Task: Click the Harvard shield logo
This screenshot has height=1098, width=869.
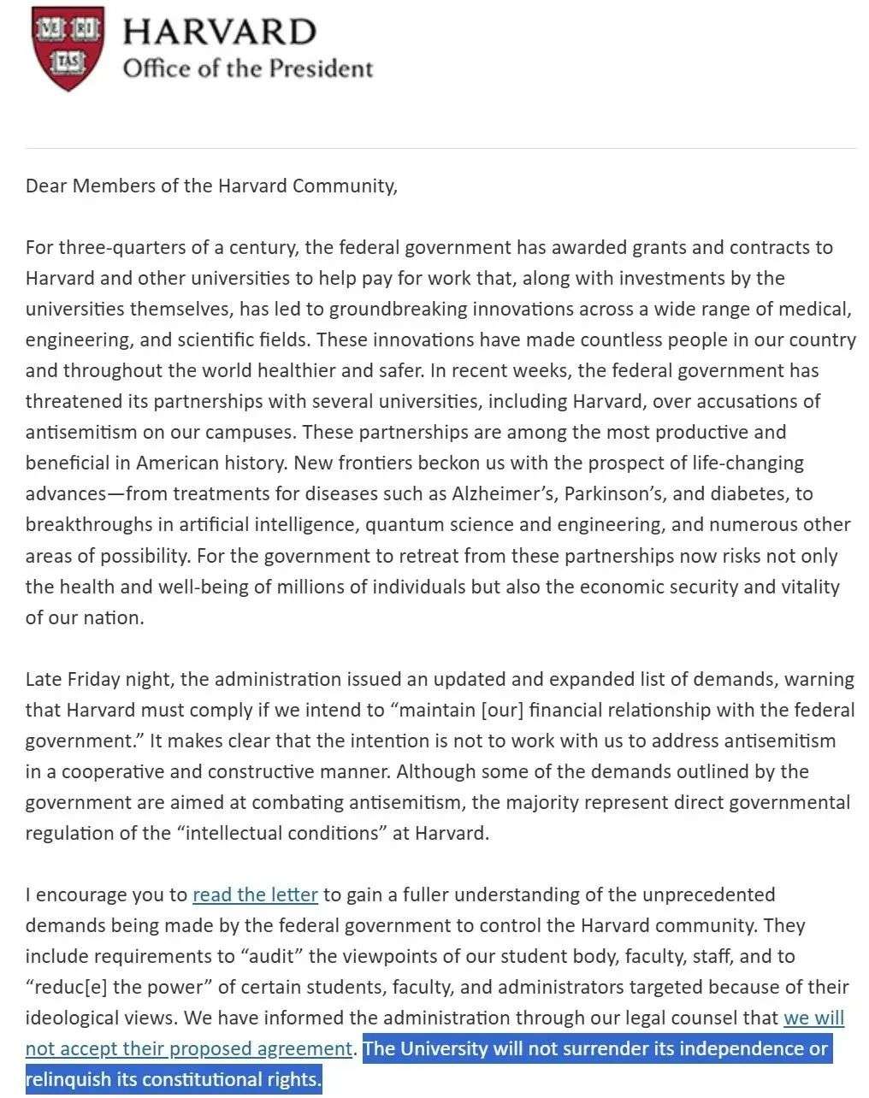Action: (68, 48)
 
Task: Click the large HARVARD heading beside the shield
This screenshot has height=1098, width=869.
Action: (219, 32)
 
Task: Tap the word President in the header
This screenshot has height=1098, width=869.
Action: (321, 68)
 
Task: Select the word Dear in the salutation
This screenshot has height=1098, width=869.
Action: (46, 186)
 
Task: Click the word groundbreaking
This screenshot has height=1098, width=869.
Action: (399, 309)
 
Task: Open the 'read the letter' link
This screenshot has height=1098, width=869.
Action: (255, 895)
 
